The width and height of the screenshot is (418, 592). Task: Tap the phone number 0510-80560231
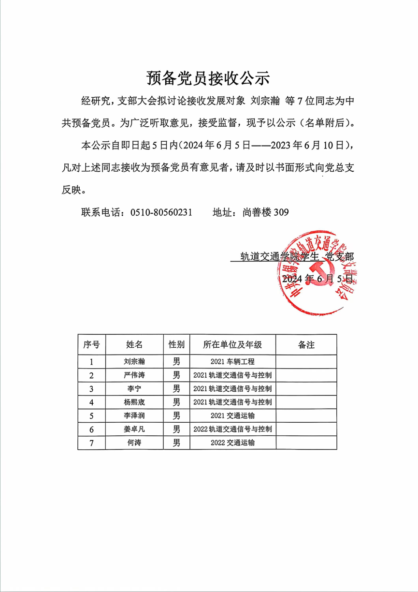click(161, 212)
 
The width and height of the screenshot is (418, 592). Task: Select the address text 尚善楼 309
click(266, 212)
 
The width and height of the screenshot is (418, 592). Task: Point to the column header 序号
click(91, 345)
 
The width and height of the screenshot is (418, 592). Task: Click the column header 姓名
click(134, 345)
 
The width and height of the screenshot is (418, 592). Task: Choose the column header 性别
click(176, 345)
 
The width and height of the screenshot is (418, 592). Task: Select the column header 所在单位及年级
click(232, 345)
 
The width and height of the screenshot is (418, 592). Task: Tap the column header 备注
click(306, 345)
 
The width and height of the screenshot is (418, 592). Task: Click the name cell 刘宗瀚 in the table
click(134, 361)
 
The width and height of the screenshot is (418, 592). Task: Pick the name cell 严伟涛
click(134, 375)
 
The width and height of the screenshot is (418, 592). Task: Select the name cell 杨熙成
click(134, 402)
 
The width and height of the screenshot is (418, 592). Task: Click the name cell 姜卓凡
click(134, 429)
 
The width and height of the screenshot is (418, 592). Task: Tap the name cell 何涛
click(134, 443)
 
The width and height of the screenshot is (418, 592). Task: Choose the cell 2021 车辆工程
click(232, 361)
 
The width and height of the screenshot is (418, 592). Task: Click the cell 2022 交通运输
click(232, 443)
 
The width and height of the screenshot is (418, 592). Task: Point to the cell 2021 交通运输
click(232, 415)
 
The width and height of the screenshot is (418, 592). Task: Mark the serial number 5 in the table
click(91, 415)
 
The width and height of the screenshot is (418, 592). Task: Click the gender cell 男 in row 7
click(176, 443)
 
